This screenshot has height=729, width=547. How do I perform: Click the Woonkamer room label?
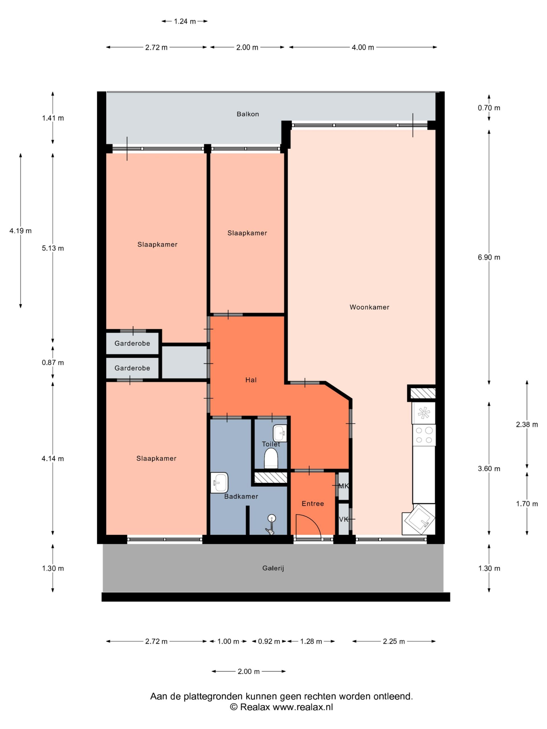pos(369,307)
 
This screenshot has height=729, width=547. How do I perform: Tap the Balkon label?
pos(248,114)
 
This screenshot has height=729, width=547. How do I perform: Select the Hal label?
pos(251,380)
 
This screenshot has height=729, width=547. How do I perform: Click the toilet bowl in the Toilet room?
pos(271,458)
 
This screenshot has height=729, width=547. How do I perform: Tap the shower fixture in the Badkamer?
pos(271,524)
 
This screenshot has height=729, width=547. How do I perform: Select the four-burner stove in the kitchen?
pos(424,435)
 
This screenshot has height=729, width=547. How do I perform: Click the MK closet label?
pos(344,486)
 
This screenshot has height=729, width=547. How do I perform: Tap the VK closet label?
pos(344,519)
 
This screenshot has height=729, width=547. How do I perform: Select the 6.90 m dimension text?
pos(489,257)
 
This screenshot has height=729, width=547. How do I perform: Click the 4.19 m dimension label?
pos(21,231)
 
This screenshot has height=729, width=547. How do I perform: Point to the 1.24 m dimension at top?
pos(185,21)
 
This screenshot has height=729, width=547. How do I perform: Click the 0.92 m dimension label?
pos(269,641)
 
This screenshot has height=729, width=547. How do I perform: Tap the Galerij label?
pos(273,568)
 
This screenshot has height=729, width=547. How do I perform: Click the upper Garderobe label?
pos(132,343)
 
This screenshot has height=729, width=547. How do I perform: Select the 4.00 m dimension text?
pos(363,48)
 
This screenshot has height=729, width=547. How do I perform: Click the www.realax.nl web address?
pos(303,707)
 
